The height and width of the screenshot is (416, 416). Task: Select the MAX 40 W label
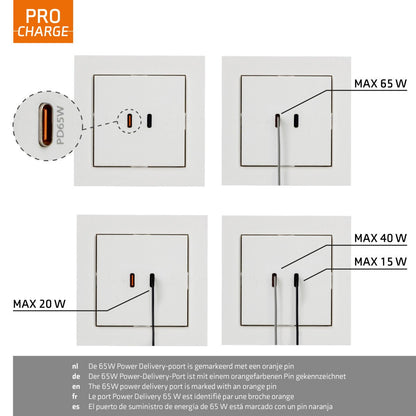[x=380, y=239]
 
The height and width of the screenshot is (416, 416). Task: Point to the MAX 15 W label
[x=380, y=261]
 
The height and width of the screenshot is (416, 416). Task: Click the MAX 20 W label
[x=39, y=302]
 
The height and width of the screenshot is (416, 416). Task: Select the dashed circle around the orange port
[x=128, y=121]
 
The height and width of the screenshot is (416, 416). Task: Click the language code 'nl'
[x=75, y=367]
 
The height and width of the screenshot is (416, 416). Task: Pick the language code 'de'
[x=75, y=377]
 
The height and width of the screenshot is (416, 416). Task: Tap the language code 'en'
[x=75, y=387]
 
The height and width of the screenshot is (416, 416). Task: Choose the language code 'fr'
[x=75, y=397]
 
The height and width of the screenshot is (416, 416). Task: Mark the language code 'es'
[x=75, y=407]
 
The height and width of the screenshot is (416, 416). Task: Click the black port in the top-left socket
[x=150, y=122]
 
